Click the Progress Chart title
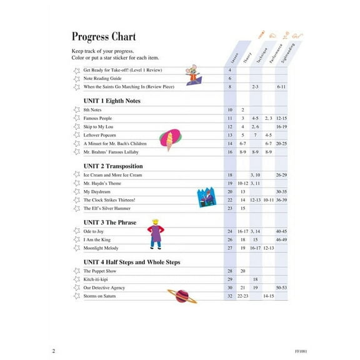pos(103,37)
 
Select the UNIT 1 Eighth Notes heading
pos(112,101)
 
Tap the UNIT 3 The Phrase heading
pos(109,222)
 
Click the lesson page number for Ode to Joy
pos(230,231)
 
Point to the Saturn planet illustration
pos(182,296)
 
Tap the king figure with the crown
pos(154,232)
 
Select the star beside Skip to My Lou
pos(77,127)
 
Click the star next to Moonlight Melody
pos(77,248)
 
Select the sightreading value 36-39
pos(281,200)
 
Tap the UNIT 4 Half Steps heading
pos(131,262)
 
